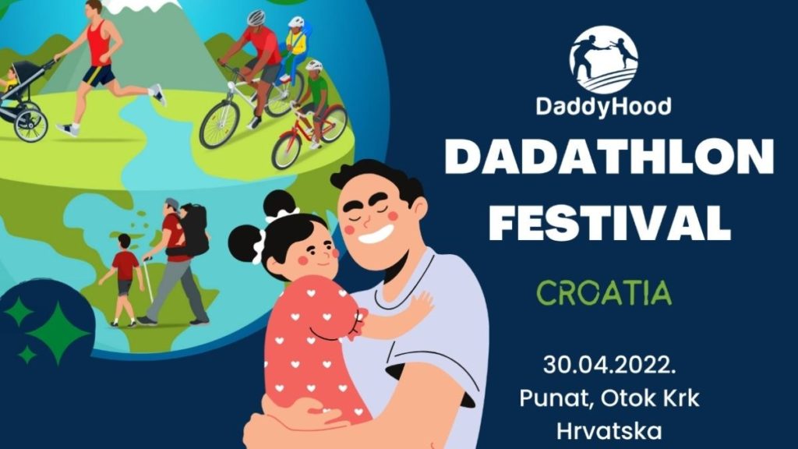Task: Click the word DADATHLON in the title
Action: point(609,157)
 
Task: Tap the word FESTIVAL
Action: point(609,222)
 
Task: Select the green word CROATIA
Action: point(604,292)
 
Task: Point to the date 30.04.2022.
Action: point(609,365)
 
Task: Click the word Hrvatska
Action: point(609,430)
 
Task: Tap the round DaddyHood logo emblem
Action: point(604,60)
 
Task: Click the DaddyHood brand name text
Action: point(604,107)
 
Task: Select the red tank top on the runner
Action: point(99,44)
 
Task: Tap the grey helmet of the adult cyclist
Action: point(256,18)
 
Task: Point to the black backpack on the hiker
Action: point(194,230)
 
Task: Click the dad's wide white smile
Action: point(376,235)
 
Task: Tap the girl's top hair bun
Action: point(280,204)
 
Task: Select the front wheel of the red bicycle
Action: point(288,150)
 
